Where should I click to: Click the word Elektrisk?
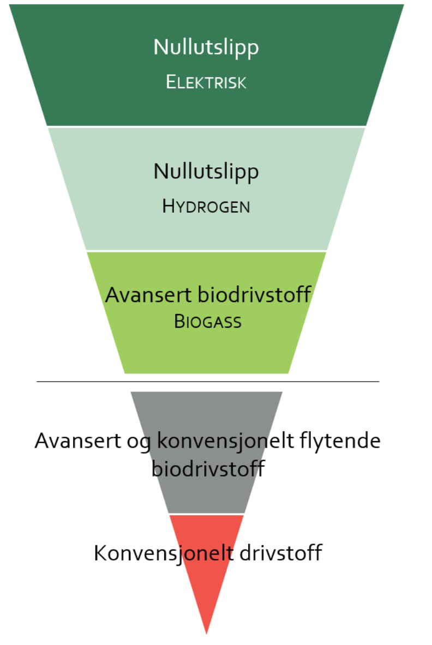click(x=206, y=82)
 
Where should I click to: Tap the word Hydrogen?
click(x=206, y=207)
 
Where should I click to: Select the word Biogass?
click(x=207, y=322)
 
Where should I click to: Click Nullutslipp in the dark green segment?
click(x=206, y=47)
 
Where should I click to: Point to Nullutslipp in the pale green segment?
click(x=206, y=172)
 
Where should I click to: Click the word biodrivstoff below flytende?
click(x=207, y=469)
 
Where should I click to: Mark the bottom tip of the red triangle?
click(x=206, y=632)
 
